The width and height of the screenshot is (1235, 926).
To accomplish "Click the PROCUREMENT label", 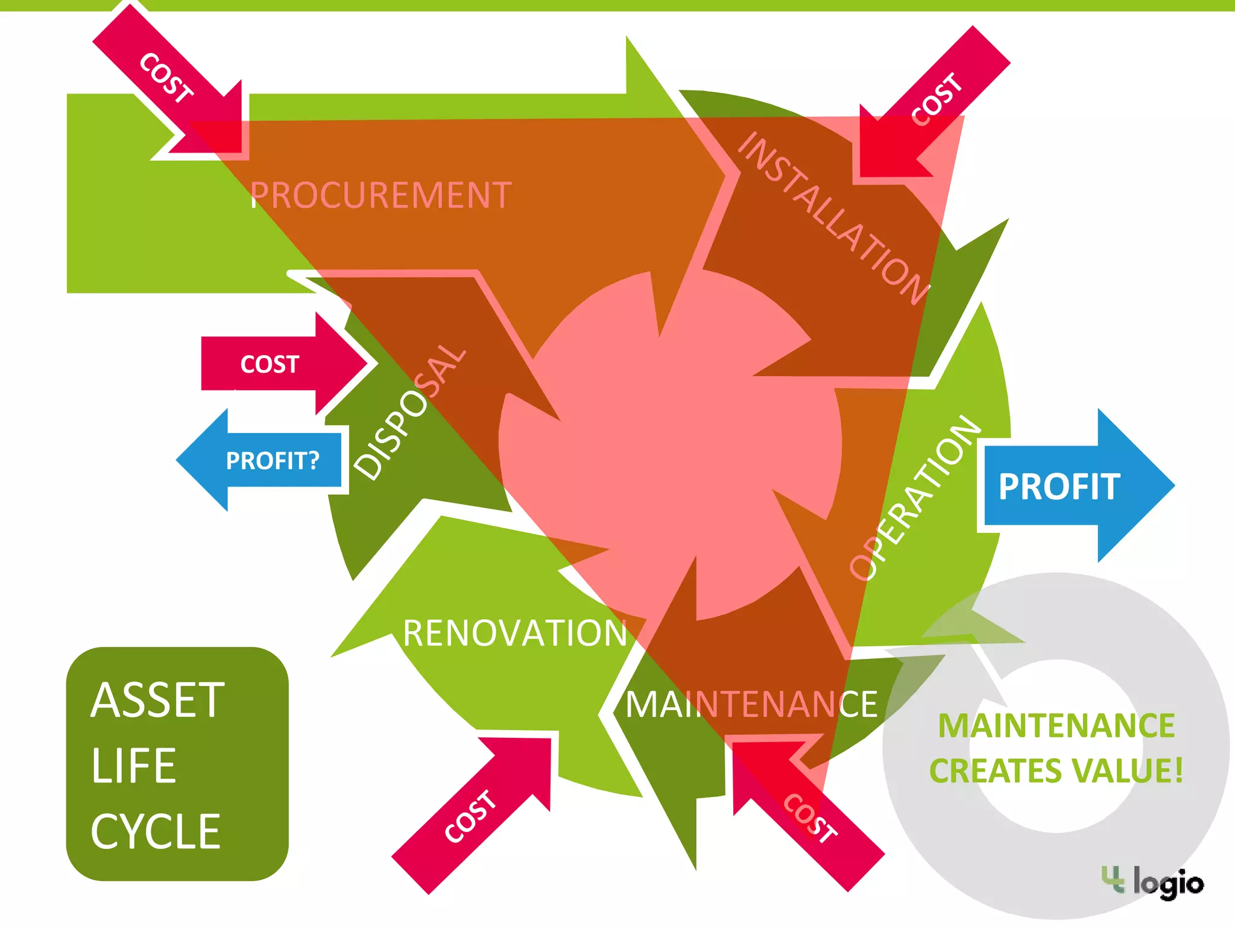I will pyautogui.click(x=381, y=195).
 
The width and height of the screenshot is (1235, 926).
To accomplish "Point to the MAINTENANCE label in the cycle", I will pyautogui.click(x=751, y=704).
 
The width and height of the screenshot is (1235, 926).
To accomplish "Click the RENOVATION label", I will pyautogui.click(x=515, y=633).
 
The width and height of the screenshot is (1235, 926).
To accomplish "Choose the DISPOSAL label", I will pyautogui.click(x=409, y=412).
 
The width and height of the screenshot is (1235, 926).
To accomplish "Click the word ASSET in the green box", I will pyautogui.click(x=158, y=701).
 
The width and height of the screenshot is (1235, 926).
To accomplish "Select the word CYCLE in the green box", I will pyautogui.click(x=156, y=831).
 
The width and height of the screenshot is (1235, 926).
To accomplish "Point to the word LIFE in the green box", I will pyautogui.click(x=134, y=766).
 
